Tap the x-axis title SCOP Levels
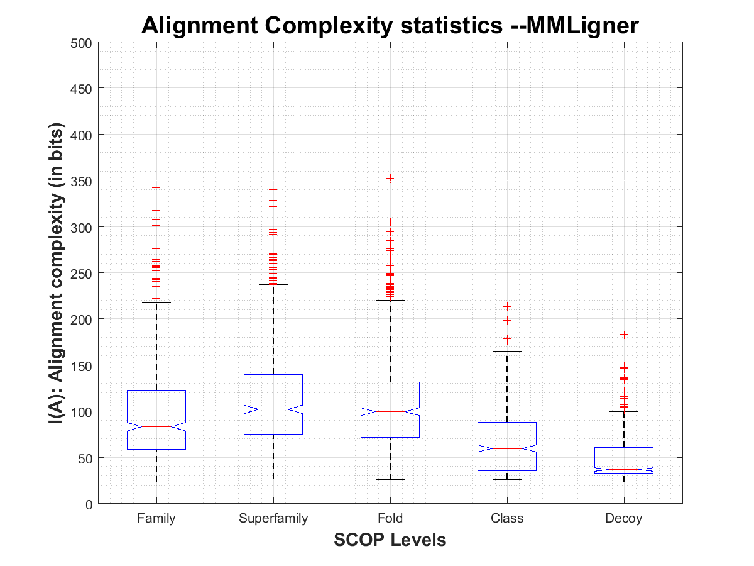(390, 540)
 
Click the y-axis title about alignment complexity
(56, 273)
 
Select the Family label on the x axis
(156, 519)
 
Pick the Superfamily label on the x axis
(273, 519)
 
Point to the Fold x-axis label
(390, 519)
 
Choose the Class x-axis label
(507, 519)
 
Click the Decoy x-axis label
(624, 519)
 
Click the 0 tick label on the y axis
(89, 504)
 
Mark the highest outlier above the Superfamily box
(273, 141)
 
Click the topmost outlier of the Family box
(156, 177)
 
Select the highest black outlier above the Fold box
(390, 178)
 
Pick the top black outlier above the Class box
(507, 307)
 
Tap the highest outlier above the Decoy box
(624, 334)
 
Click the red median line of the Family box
(156, 426)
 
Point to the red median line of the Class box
(507, 448)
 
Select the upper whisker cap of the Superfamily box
(273, 284)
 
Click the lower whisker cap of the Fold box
(390, 479)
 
